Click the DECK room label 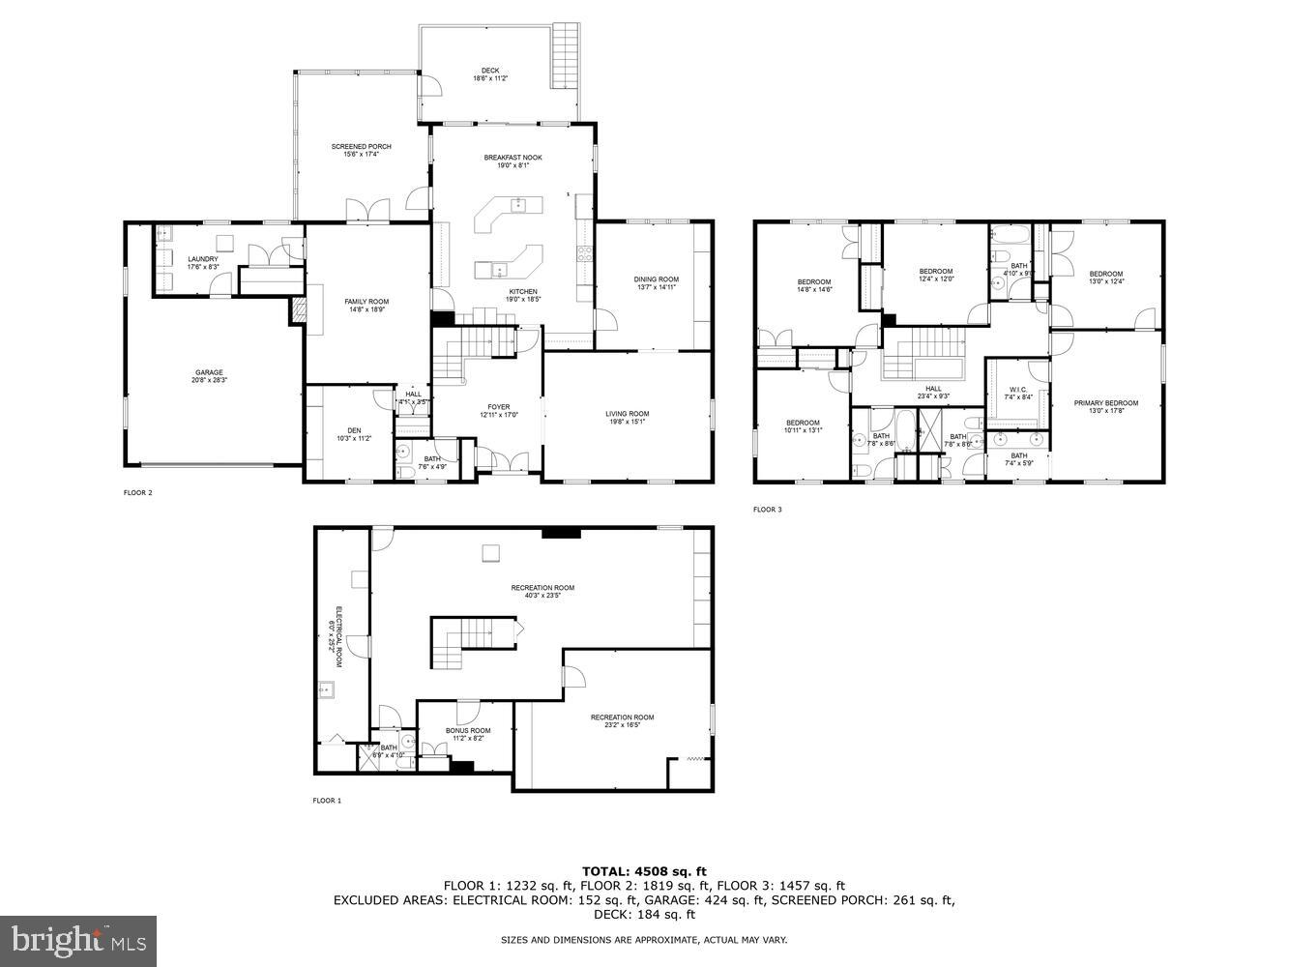coord(490,71)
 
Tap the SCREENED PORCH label coord(361,147)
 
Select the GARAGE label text coord(209,373)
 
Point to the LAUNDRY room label coord(203,259)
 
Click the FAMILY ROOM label coord(366,302)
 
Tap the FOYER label coord(499,407)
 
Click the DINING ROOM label coord(657,280)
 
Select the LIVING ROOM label coord(628,414)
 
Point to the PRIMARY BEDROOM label coord(1106,403)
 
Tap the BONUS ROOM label coord(468,730)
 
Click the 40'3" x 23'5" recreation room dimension coord(542,596)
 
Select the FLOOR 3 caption coord(768,510)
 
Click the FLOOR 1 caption coord(327,801)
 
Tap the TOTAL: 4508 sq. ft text coord(644,871)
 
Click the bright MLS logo coord(79,938)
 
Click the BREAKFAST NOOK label coord(513,158)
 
